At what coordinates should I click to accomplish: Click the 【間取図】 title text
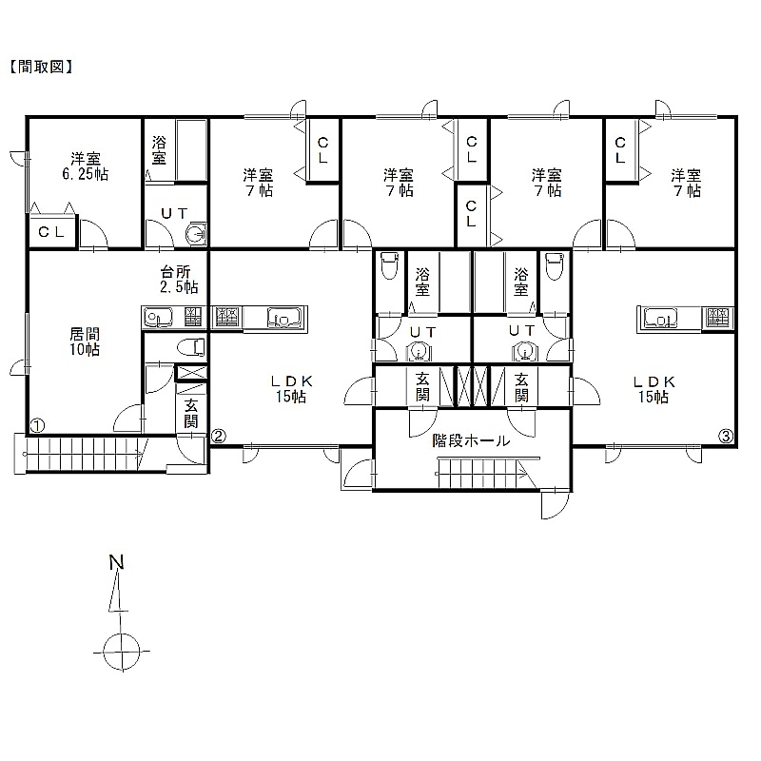point(41,67)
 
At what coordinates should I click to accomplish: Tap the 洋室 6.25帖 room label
point(86,166)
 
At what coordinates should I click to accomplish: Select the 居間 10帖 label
point(85,341)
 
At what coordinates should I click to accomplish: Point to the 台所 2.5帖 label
point(179,279)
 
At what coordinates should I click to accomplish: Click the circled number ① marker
point(37,425)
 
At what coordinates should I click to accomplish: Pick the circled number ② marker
point(219,437)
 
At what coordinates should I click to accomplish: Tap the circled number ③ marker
point(725,437)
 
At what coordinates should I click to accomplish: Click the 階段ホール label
point(471,440)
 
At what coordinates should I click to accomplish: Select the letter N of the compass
point(116,562)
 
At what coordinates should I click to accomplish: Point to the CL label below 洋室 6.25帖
point(51,232)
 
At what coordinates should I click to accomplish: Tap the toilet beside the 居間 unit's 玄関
point(191,347)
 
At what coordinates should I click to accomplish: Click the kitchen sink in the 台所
point(158,318)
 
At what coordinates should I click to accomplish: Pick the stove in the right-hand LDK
point(716,318)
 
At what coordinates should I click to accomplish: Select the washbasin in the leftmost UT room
point(197,233)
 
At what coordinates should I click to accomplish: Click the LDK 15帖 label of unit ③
point(654,389)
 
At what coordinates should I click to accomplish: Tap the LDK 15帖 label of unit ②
point(291,389)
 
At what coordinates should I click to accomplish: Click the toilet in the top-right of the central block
point(555,265)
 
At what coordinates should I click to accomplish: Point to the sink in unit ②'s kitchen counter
point(284,318)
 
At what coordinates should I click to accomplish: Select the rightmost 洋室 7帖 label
point(686,183)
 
